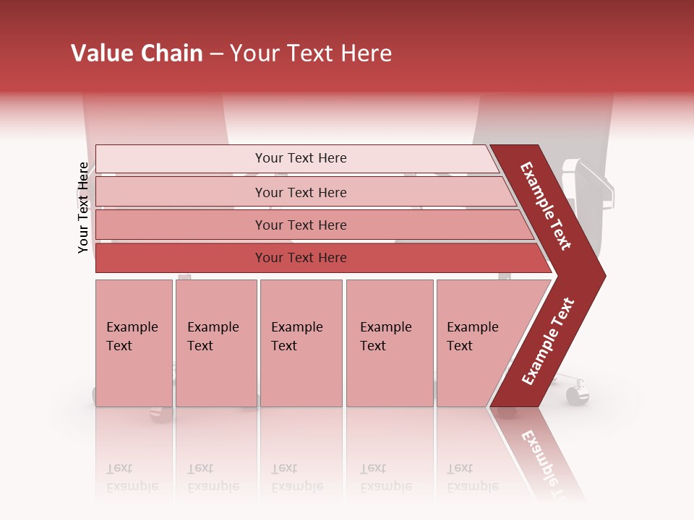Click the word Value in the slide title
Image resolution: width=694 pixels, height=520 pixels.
tap(101, 53)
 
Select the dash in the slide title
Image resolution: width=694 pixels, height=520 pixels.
tap(216, 54)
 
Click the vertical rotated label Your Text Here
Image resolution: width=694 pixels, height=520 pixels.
tap(83, 207)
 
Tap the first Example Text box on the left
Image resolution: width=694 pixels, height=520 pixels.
tap(134, 343)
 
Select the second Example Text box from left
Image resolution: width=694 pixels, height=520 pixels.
tap(215, 343)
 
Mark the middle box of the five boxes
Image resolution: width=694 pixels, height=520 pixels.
tap(301, 343)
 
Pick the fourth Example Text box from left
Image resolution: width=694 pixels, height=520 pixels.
tap(390, 343)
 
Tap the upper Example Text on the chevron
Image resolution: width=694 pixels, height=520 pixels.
tap(547, 207)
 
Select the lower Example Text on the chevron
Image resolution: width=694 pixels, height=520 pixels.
tap(548, 341)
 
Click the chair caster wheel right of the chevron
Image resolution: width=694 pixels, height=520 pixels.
tap(577, 394)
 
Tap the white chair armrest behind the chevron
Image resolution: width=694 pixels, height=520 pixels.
tap(593, 181)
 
